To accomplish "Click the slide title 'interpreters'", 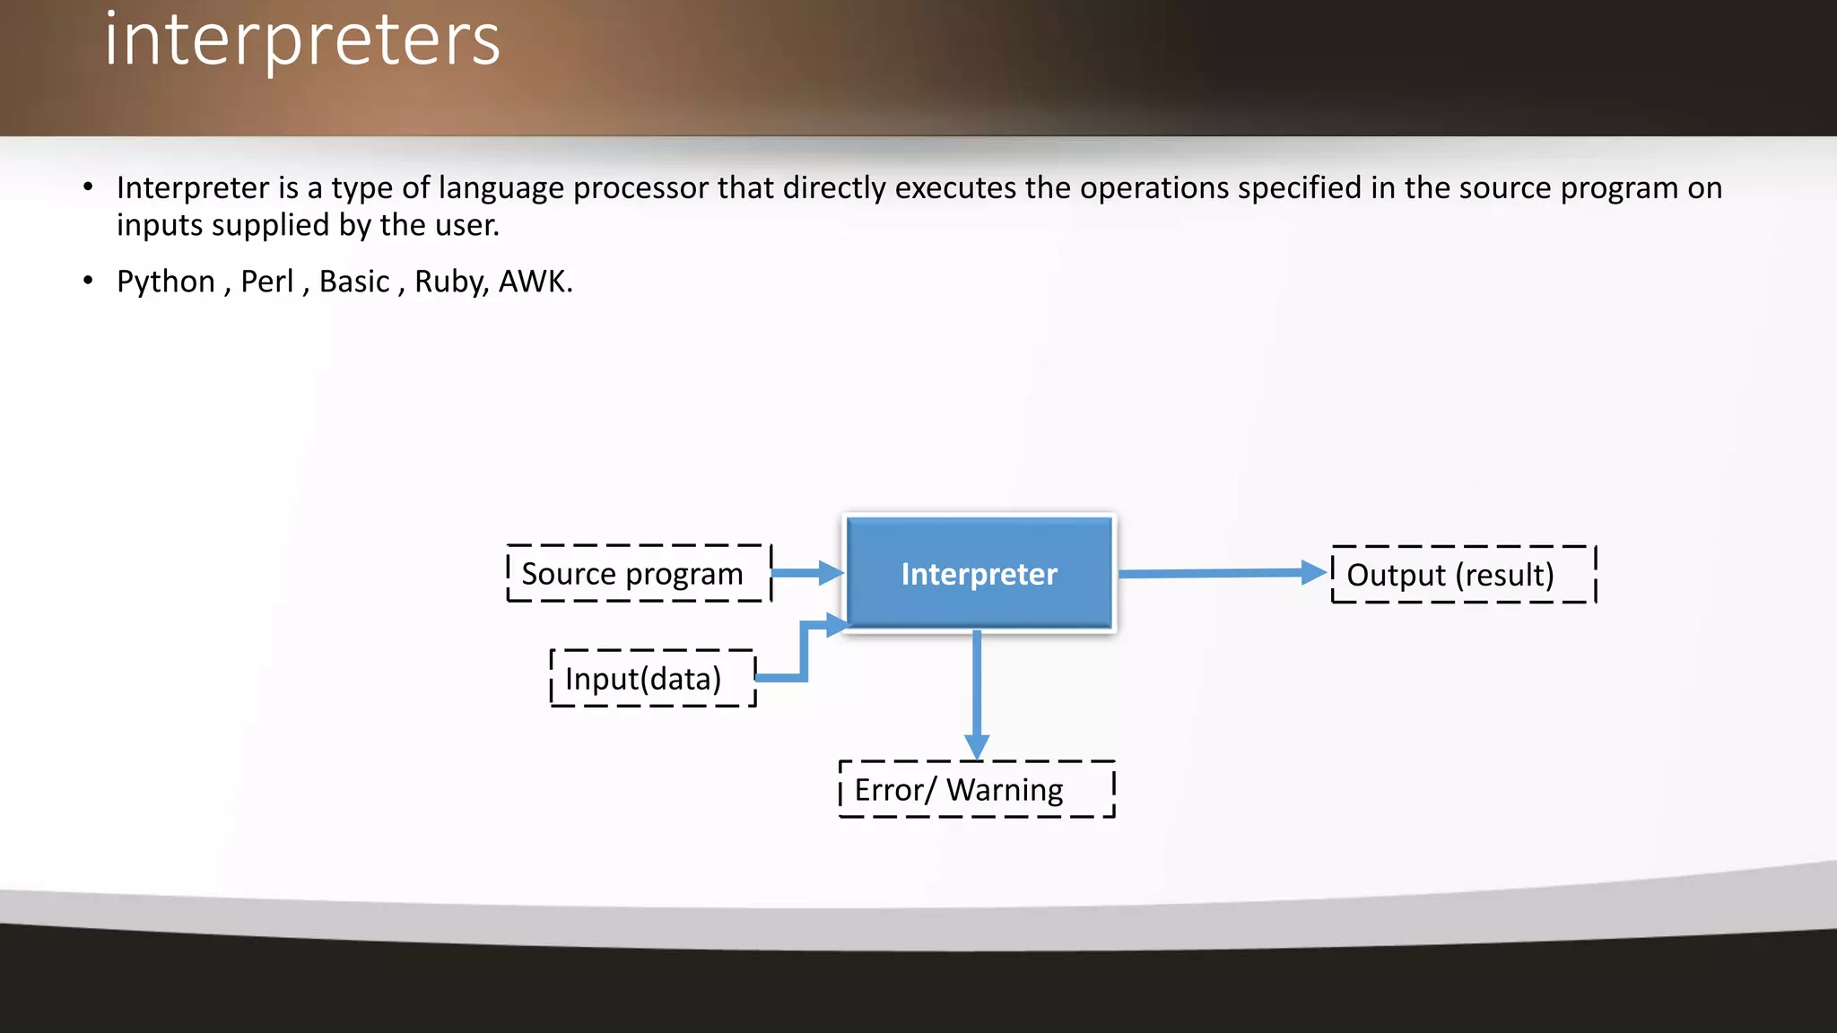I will coord(302,40).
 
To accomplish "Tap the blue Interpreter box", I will coord(979,574).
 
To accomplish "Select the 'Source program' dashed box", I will coord(638,573).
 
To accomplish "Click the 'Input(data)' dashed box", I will coord(652,679).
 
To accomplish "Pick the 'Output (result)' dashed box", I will coord(1463,575).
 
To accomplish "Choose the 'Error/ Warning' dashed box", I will coord(976,790).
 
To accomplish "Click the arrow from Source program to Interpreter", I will coord(805,573).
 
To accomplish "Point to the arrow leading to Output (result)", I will coord(1220,573).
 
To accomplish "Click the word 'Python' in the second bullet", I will coord(166,282).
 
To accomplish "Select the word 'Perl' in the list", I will coord(266,282).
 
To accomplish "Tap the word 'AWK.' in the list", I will coord(535,282).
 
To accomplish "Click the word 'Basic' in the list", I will coord(354,282).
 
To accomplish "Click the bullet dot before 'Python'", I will coord(88,281).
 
